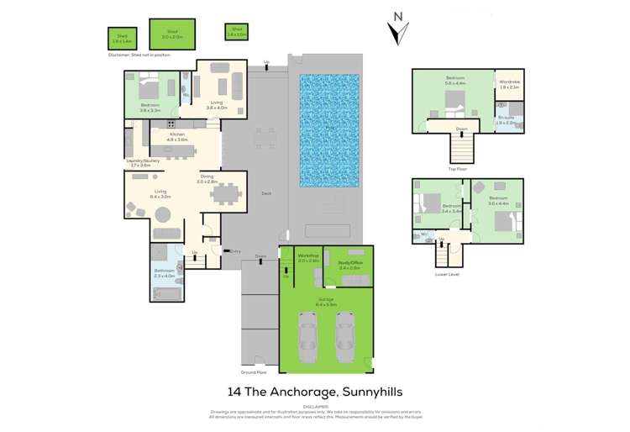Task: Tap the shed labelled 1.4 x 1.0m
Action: coord(235,32)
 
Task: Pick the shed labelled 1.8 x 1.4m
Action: coord(122,38)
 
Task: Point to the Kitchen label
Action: coord(177,134)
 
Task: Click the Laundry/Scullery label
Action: coord(139,162)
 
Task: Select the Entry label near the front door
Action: coord(235,250)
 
